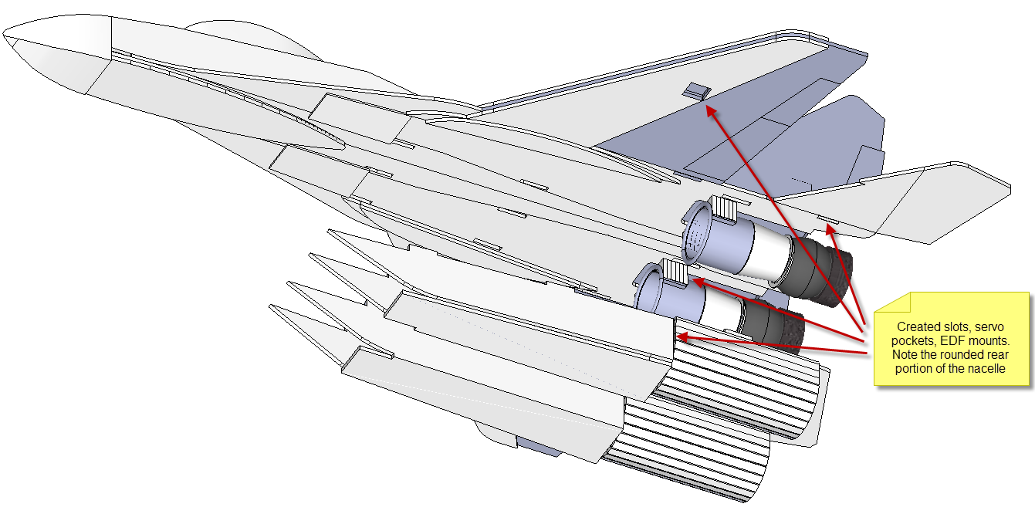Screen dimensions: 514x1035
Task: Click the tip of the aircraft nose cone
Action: click(4, 36)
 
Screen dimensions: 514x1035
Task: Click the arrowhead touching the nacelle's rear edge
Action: click(681, 335)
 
